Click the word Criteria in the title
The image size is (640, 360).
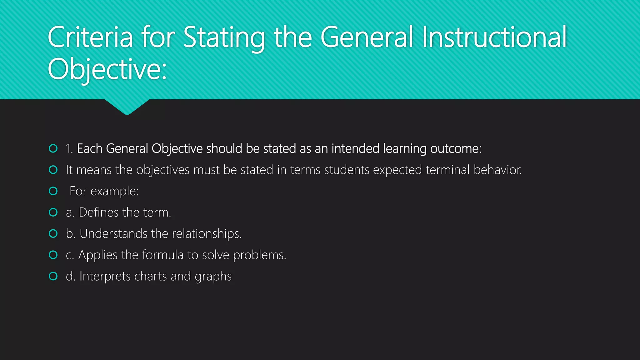pyautogui.click(x=90, y=37)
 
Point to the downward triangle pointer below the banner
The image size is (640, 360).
pyautogui.click(x=127, y=107)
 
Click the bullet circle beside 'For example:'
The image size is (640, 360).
pyautogui.click(x=53, y=191)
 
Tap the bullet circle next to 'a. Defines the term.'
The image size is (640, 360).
pyautogui.click(x=53, y=212)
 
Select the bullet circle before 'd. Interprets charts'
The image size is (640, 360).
pyautogui.click(x=53, y=276)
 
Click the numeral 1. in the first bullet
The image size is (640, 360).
pyautogui.click(x=69, y=149)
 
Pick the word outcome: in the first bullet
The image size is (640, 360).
pyautogui.click(x=456, y=149)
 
